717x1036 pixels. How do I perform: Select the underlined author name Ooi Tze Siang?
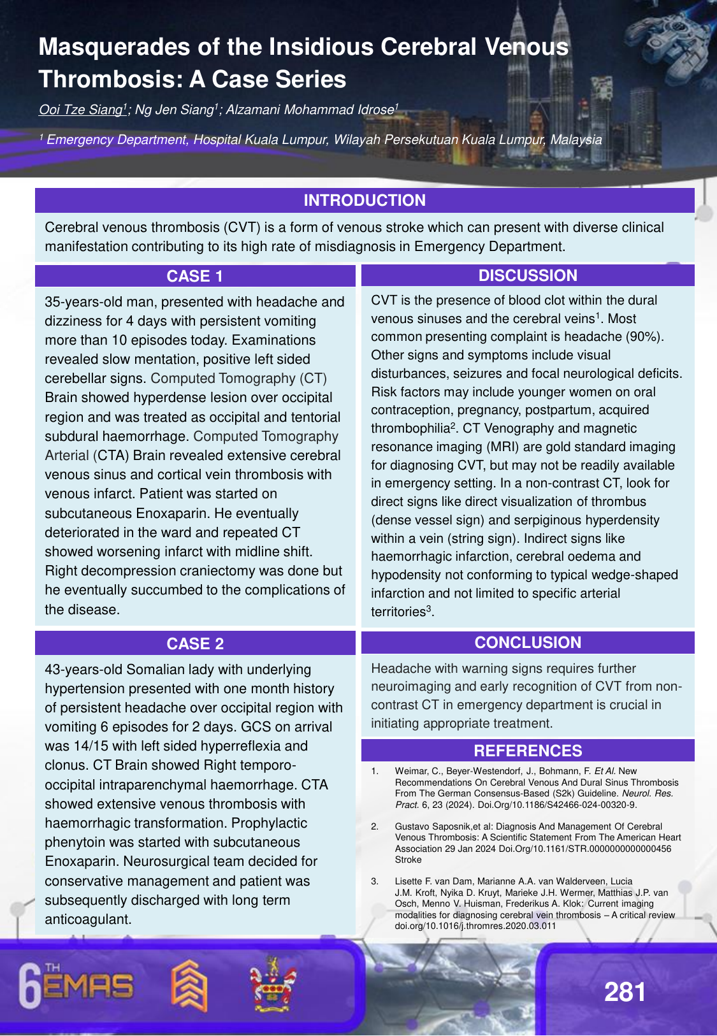click(80, 110)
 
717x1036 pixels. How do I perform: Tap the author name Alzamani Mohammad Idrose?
click(310, 110)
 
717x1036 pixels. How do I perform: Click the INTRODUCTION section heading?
click(365, 201)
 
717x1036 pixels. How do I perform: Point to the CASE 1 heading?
click(195, 277)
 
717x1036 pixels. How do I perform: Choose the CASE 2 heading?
click(195, 644)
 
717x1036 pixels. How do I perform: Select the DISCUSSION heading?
click(528, 276)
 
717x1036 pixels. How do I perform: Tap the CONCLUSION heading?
click(528, 643)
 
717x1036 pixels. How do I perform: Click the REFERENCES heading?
click(528, 751)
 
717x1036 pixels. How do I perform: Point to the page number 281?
click(625, 992)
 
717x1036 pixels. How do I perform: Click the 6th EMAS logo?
click(76, 986)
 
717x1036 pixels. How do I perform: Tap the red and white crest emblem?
click(273, 985)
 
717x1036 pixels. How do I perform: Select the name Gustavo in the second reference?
click(412, 826)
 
